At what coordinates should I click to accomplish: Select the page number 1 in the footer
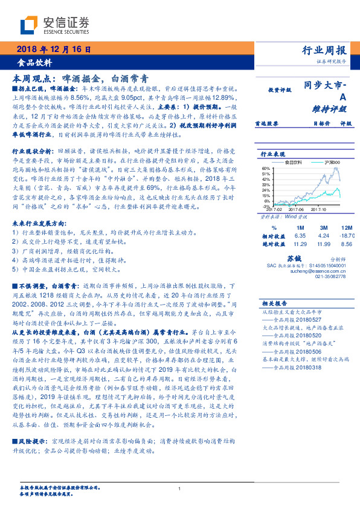pos(180,488)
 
